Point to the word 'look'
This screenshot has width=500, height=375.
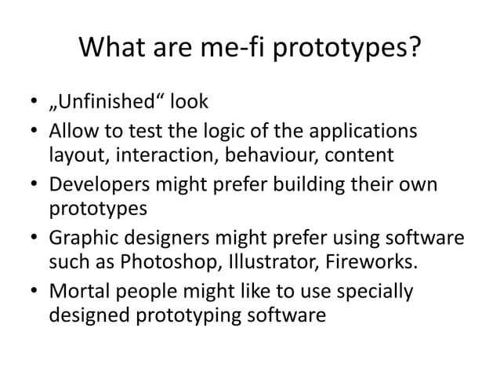coord(186,103)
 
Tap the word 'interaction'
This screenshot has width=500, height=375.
coord(165,154)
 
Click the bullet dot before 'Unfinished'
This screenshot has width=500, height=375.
coord(33,104)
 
